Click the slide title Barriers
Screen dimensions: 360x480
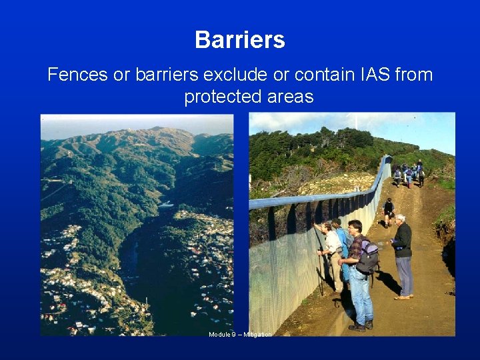240,40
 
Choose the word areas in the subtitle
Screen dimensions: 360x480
289,97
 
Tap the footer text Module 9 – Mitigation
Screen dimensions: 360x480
240,334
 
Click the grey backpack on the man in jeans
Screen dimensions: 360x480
367,255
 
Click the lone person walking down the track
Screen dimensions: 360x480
388,212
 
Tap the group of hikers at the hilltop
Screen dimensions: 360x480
408,174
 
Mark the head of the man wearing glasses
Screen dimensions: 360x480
355,227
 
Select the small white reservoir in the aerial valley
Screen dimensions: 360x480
165,205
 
